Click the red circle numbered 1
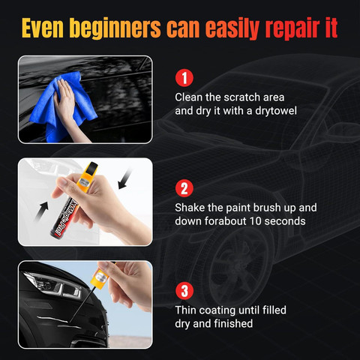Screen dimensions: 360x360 [184, 78]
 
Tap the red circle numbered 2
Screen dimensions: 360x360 [184, 188]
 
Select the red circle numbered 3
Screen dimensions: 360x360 [184, 291]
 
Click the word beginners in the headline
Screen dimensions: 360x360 [115, 28]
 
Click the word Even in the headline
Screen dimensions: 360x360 [43, 28]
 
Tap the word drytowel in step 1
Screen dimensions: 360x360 [276, 111]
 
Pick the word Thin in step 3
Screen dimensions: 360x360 [185, 310]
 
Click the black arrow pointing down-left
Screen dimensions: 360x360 [125, 178]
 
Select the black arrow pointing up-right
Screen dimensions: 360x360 [41, 211]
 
